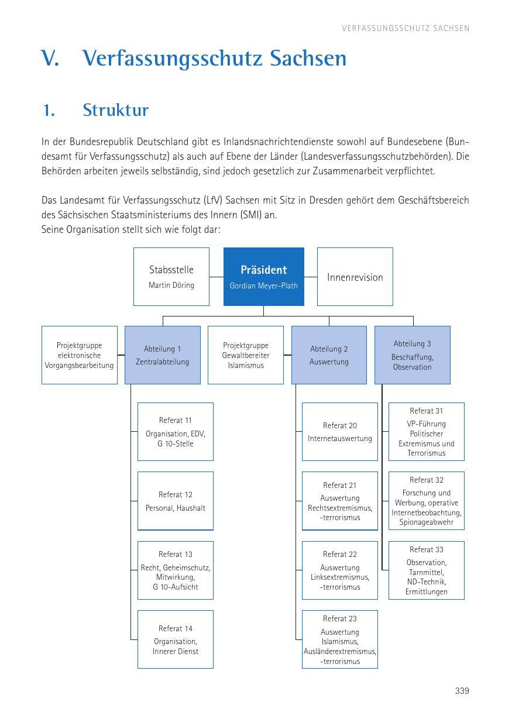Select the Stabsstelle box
click(171, 276)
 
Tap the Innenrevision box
click(355, 277)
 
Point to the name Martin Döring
click(171, 285)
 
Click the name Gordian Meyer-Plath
click(263, 286)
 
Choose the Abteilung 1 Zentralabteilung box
click(162, 355)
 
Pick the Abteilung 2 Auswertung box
click(329, 355)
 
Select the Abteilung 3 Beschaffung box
click(412, 355)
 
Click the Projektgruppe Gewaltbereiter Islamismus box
click(246, 355)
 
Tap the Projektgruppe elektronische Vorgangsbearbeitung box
click(79, 355)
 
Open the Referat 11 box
click(175, 432)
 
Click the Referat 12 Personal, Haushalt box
click(175, 501)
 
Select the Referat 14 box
click(175, 639)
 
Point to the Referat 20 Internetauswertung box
click(339, 432)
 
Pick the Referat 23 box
click(339, 639)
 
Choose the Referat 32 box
click(426, 501)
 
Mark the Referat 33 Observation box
click(426, 570)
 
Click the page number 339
click(462, 691)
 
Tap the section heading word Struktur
click(116, 110)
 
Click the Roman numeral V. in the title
click(51, 59)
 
